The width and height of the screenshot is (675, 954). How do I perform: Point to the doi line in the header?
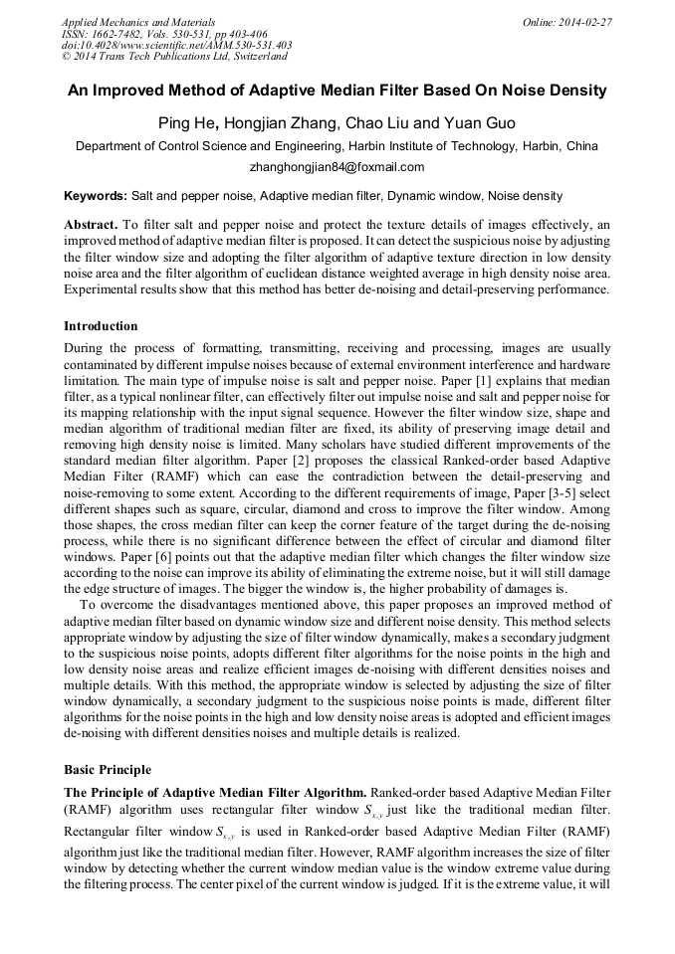(x=176, y=45)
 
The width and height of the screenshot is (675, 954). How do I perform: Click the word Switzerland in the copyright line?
(x=252, y=57)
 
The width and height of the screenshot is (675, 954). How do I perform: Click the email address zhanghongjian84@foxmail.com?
(x=337, y=167)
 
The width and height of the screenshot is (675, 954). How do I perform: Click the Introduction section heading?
(x=101, y=326)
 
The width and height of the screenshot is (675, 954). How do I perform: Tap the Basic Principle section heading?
(x=107, y=770)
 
